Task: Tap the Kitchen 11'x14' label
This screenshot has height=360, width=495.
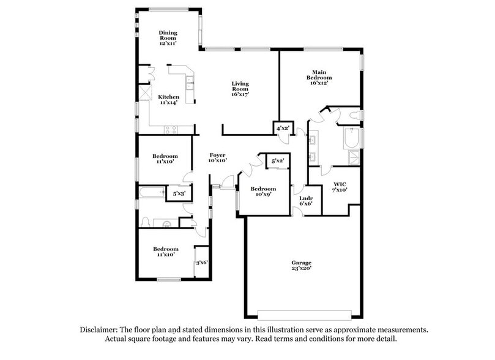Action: pos(169,100)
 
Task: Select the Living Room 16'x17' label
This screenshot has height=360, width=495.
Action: pos(240,89)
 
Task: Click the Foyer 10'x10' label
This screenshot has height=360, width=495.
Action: pos(218,157)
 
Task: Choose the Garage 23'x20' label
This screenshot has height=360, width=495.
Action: pos(301,265)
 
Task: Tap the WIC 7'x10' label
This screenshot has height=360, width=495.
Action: pos(340,187)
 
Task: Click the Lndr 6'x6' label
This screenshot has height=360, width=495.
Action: pos(306,201)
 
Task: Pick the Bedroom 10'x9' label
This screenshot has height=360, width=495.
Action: pos(263,192)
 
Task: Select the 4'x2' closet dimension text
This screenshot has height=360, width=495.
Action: pos(283,128)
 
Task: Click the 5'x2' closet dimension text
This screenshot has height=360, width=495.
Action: pos(278,160)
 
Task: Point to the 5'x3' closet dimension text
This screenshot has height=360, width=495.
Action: pos(179,193)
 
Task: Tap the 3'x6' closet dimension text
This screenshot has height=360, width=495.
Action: pos(202,263)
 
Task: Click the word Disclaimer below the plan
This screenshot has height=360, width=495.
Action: pos(101,329)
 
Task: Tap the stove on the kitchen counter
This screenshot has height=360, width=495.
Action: pos(171,129)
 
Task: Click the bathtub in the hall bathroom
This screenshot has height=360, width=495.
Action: pos(151,193)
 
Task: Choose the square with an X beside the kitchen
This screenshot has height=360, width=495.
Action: pos(146,92)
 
